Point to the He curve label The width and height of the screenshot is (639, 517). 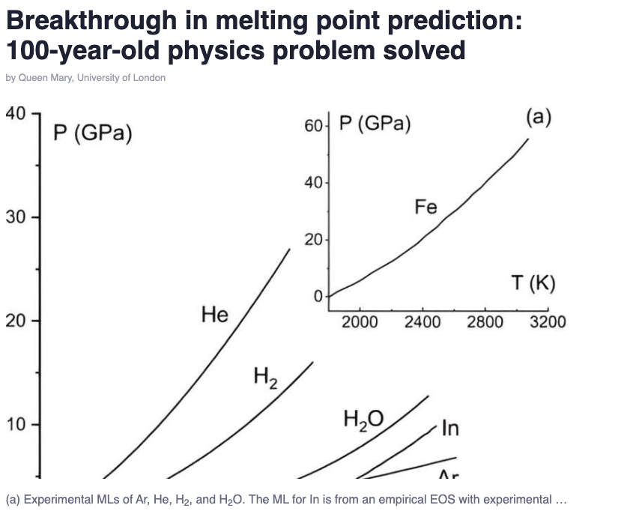point(215,315)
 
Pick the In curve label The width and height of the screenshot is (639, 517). point(450,429)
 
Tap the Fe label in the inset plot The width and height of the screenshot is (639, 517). point(426,207)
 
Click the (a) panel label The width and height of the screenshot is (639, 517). point(539,118)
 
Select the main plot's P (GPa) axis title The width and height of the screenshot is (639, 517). point(93,134)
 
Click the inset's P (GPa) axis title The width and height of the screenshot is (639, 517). point(375,124)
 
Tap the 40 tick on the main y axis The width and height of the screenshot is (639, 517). point(16,115)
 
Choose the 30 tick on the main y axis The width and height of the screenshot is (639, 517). point(16,218)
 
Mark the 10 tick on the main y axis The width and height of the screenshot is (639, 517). point(16,425)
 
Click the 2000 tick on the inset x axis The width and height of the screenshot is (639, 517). point(360,322)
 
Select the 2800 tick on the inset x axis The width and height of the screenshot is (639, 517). point(485,322)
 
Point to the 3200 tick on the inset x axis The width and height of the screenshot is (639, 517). point(548,322)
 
